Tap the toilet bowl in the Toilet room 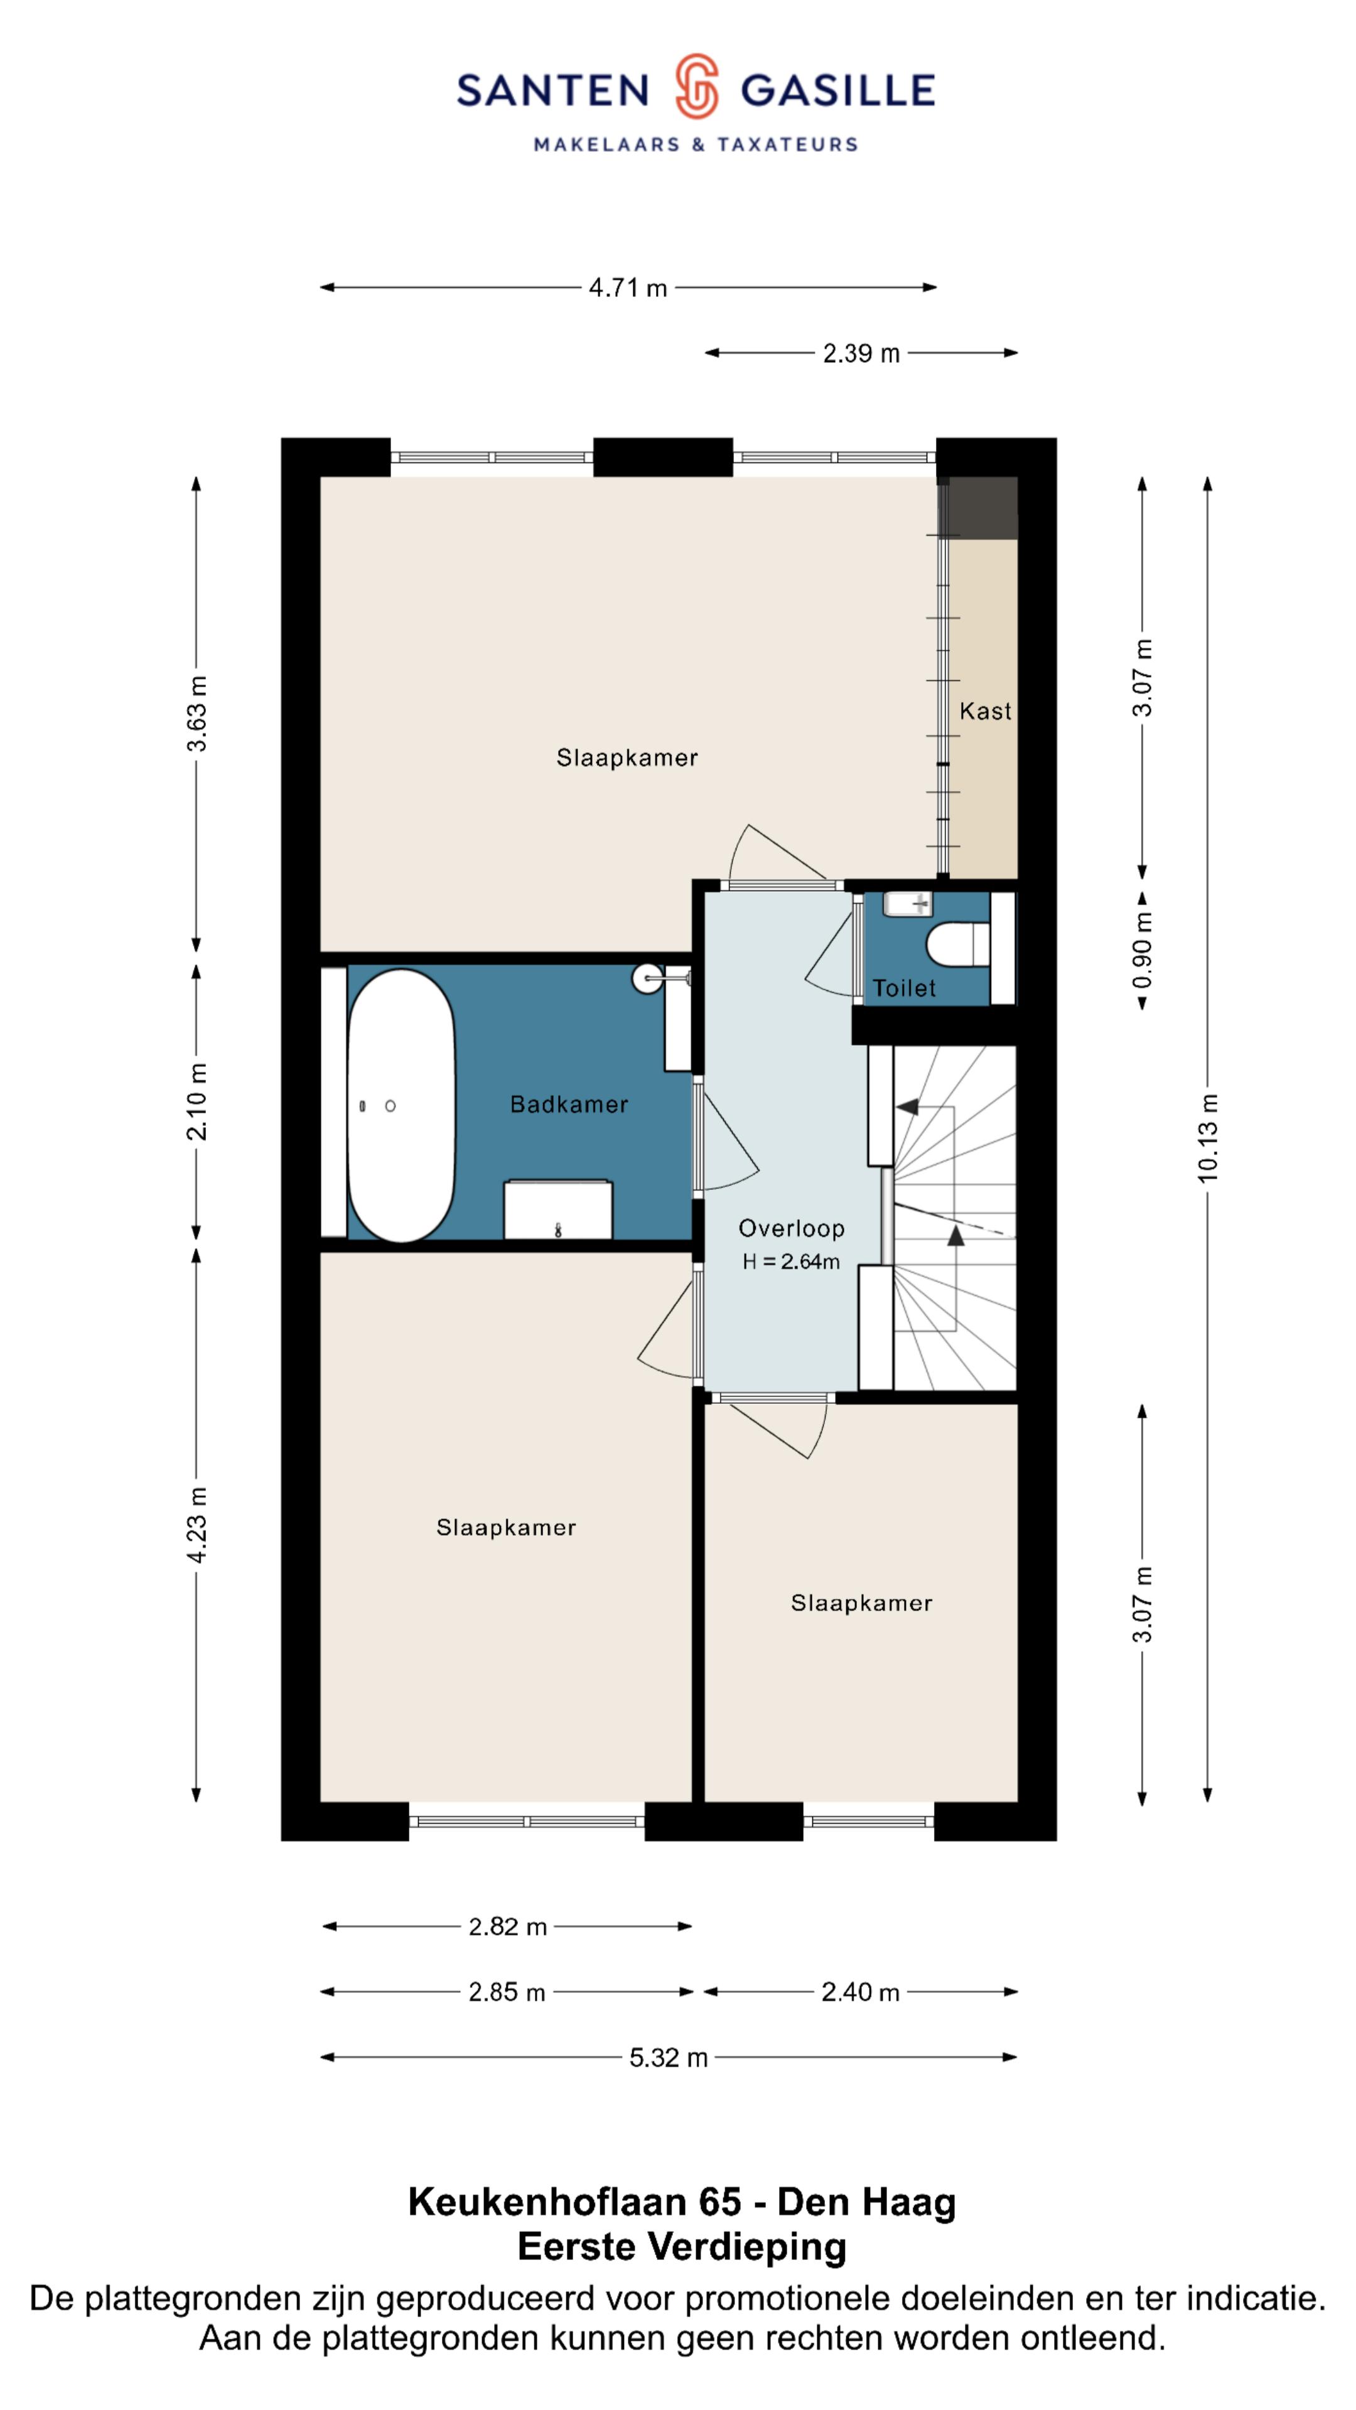point(957,945)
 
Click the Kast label point(984,711)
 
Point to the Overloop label point(791,1228)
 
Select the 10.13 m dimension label point(1208,1138)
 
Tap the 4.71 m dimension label point(628,288)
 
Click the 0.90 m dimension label point(1143,951)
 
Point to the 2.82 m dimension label point(507,1926)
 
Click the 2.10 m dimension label point(196,1101)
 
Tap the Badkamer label point(569,1104)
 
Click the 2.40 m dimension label point(860,1992)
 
